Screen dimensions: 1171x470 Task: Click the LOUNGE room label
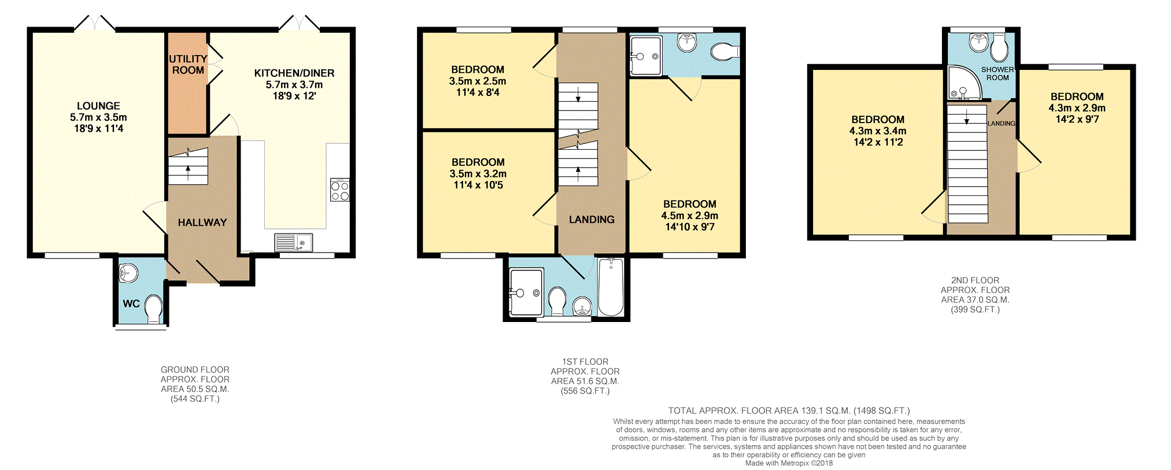pyautogui.click(x=98, y=106)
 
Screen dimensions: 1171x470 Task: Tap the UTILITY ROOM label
pyautogui.click(x=188, y=64)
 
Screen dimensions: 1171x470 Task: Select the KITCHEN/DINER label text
pyautogui.click(x=294, y=73)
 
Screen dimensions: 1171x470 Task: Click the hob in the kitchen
pyautogui.click(x=339, y=190)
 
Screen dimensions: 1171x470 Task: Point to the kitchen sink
pyautogui.click(x=294, y=242)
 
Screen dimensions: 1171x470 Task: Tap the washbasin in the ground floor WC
pyautogui.click(x=128, y=272)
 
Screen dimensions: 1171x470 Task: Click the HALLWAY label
pyautogui.click(x=202, y=223)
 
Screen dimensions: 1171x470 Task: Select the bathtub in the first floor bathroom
pyautogui.click(x=611, y=287)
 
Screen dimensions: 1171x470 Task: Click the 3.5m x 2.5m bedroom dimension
pyautogui.click(x=478, y=82)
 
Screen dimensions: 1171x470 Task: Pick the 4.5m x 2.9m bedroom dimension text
pyautogui.click(x=690, y=216)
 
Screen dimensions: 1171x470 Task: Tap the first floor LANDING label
pyautogui.click(x=592, y=220)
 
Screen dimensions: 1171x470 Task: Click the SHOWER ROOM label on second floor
pyautogui.click(x=998, y=73)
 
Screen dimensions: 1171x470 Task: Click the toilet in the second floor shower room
pyautogui.click(x=999, y=47)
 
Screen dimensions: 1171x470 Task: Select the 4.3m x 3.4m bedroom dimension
pyautogui.click(x=878, y=131)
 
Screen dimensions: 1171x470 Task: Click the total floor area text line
pyautogui.click(x=789, y=410)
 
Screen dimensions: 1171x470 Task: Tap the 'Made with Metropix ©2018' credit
pyautogui.click(x=789, y=463)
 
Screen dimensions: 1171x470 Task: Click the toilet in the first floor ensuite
pyautogui.click(x=725, y=52)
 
